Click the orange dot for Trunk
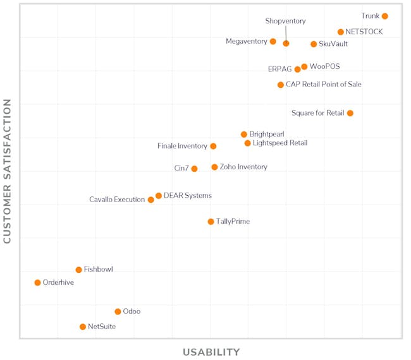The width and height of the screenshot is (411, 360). [x=384, y=16]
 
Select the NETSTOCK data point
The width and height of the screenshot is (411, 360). [x=340, y=32]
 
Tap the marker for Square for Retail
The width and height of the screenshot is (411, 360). [x=350, y=113]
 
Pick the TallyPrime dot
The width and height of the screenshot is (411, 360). [x=211, y=222]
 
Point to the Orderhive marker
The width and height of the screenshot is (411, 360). [x=37, y=283]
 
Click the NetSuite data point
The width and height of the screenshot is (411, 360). [x=82, y=327]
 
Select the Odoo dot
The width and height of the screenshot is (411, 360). [x=118, y=312]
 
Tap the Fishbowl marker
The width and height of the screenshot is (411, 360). [x=78, y=270]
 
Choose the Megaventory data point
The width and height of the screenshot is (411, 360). [x=273, y=42]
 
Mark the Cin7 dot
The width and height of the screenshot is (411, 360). [x=194, y=169]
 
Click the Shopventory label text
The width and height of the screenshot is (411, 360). [x=285, y=21]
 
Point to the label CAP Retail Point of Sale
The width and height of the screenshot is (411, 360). [x=324, y=85]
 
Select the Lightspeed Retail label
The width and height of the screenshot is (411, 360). [x=280, y=143]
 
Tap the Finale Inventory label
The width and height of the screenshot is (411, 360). [x=182, y=147]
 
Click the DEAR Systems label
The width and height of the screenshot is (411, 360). [x=188, y=196]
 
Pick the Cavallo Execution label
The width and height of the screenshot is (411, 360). [x=117, y=200]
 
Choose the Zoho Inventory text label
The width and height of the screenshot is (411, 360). [x=243, y=167]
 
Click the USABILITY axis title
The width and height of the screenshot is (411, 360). [x=211, y=352]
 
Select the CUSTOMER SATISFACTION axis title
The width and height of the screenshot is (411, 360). [x=8, y=171]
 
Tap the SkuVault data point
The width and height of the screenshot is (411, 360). [x=314, y=44]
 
